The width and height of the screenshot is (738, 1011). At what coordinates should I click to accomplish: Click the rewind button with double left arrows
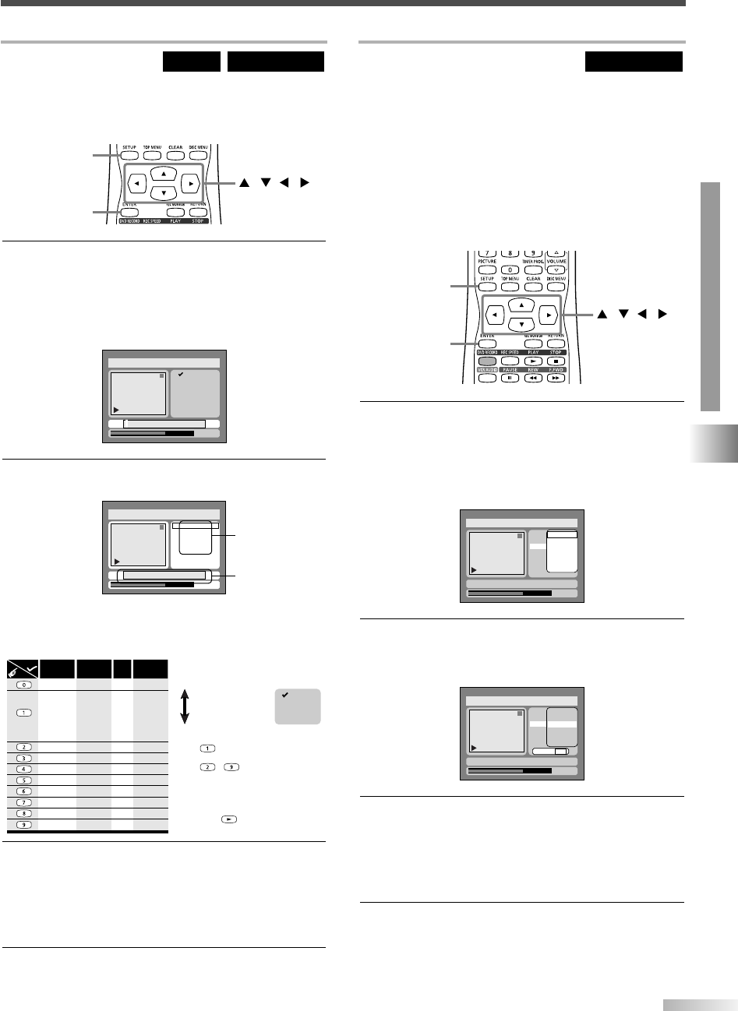click(534, 378)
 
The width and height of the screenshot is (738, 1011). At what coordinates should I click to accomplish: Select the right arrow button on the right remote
click(549, 315)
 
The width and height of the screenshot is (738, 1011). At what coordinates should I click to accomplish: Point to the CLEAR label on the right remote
click(533, 279)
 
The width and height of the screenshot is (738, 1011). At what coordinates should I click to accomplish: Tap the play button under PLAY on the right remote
click(534, 361)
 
